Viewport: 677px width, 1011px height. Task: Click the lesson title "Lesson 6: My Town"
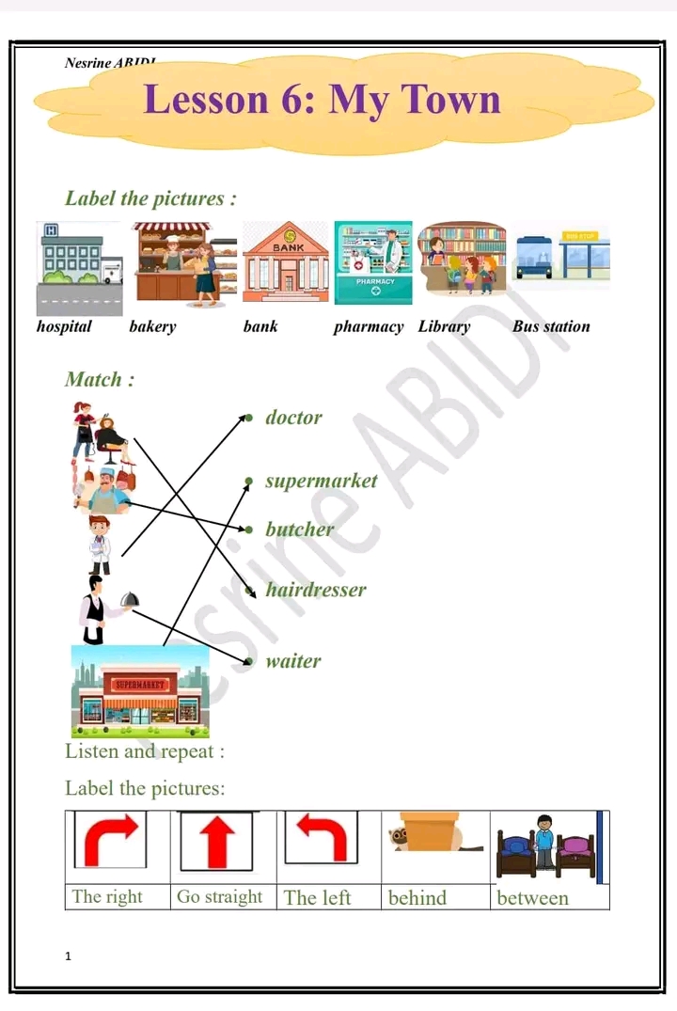point(323,99)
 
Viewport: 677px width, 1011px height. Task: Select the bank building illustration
point(285,262)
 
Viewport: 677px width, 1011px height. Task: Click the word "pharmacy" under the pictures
point(369,327)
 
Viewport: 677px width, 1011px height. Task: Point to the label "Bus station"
point(551,327)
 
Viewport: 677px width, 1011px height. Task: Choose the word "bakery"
point(152,327)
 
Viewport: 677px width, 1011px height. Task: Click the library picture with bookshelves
point(462,261)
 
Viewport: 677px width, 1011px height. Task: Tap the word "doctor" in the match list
point(293,418)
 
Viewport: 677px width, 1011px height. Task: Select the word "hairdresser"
point(315,591)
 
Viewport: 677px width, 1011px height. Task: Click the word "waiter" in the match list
point(292,661)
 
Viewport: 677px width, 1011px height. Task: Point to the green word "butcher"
point(299,529)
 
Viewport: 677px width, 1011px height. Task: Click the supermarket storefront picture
point(140,691)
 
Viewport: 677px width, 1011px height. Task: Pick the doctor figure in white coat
point(99,545)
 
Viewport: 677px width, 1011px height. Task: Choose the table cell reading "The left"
point(318,898)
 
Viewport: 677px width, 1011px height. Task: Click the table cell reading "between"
point(532,898)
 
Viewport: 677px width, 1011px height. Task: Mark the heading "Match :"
point(100,380)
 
